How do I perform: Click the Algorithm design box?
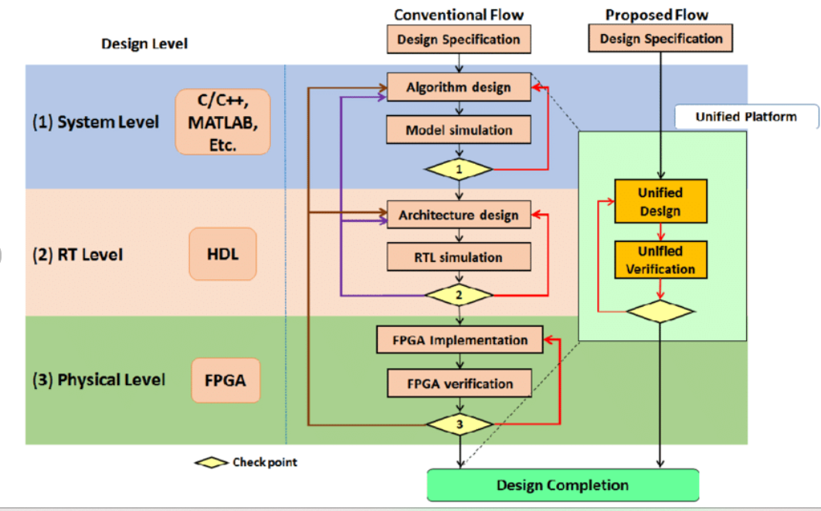coord(459,87)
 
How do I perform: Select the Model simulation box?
coord(459,130)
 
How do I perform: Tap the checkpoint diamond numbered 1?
coord(459,168)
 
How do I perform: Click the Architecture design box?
coord(459,215)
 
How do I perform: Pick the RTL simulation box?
coord(459,257)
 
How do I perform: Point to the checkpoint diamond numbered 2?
coord(459,295)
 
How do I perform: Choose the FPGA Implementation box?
coord(459,340)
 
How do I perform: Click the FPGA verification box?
coord(459,383)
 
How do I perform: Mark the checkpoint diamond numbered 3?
coord(459,424)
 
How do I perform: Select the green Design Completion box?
coord(562,485)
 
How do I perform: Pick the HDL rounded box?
coord(222,254)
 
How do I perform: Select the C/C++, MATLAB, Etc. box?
coord(222,121)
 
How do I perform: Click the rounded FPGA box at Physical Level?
coord(225,380)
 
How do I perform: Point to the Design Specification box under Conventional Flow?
coord(459,39)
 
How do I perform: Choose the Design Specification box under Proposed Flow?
coord(660,39)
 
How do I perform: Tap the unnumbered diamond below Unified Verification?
coord(660,312)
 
